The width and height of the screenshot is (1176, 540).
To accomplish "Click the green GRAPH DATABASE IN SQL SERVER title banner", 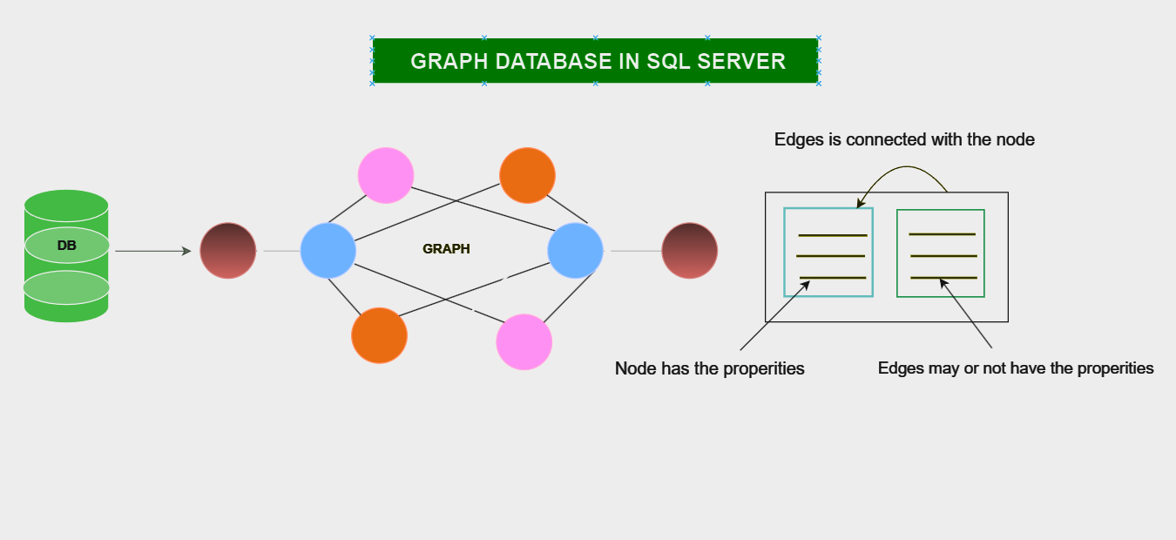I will [x=595, y=61].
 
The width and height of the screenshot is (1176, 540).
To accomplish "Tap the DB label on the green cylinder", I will [x=67, y=246].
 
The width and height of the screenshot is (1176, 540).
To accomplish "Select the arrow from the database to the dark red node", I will [x=152, y=251].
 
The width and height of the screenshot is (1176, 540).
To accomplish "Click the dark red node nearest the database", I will [x=228, y=251].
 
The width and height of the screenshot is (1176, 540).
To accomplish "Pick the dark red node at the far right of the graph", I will [x=689, y=251].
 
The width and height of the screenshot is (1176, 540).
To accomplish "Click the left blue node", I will [x=328, y=251].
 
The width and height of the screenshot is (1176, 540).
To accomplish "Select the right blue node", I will [x=575, y=251].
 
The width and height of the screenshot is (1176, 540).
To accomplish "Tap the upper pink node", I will [x=385, y=175].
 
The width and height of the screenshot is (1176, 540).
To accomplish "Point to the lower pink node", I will [x=524, y=341].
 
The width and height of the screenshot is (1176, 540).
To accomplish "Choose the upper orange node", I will [x=527, y=175].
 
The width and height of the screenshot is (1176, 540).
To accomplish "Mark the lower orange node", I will [x=379, y=335].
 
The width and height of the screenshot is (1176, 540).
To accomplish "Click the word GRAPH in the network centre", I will [x=446, y=249].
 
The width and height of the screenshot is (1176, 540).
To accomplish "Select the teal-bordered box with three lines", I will [x=828, y=252].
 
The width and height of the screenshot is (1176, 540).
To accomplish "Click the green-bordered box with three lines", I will [x=941, y=253].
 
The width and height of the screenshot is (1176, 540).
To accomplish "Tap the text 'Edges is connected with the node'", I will [x=904, y=139].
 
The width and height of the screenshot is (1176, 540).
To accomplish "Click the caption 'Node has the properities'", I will [x=709, y=368].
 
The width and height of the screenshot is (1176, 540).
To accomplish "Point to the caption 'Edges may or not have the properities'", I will [x=1016, y=368].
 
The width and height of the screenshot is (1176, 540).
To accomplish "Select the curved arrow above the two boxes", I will [x=906, y=171].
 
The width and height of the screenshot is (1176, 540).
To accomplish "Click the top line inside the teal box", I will [x=833, y=235].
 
